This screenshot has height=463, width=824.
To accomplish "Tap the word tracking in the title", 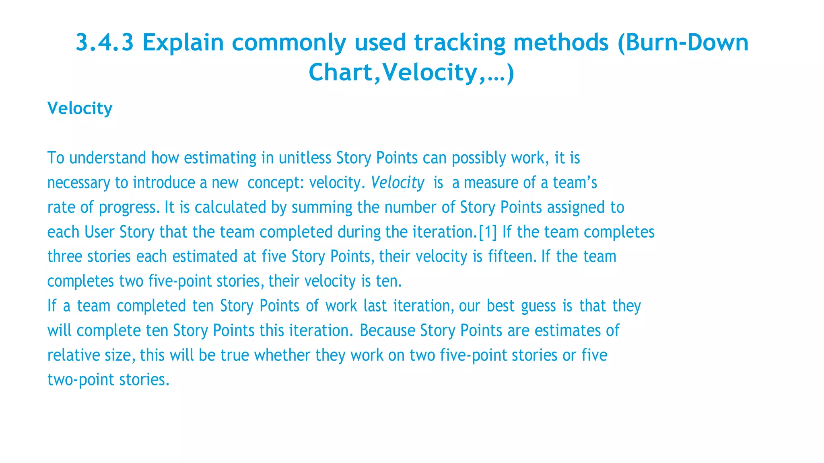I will pos(460,43).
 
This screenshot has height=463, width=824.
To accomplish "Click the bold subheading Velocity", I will pos(80,109).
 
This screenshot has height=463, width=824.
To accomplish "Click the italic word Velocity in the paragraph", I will pos(398,183).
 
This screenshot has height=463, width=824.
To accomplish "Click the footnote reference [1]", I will pos(488,232).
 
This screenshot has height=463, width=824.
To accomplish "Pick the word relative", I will pos(72,355).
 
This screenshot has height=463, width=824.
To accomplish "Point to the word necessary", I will pos(79,183).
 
